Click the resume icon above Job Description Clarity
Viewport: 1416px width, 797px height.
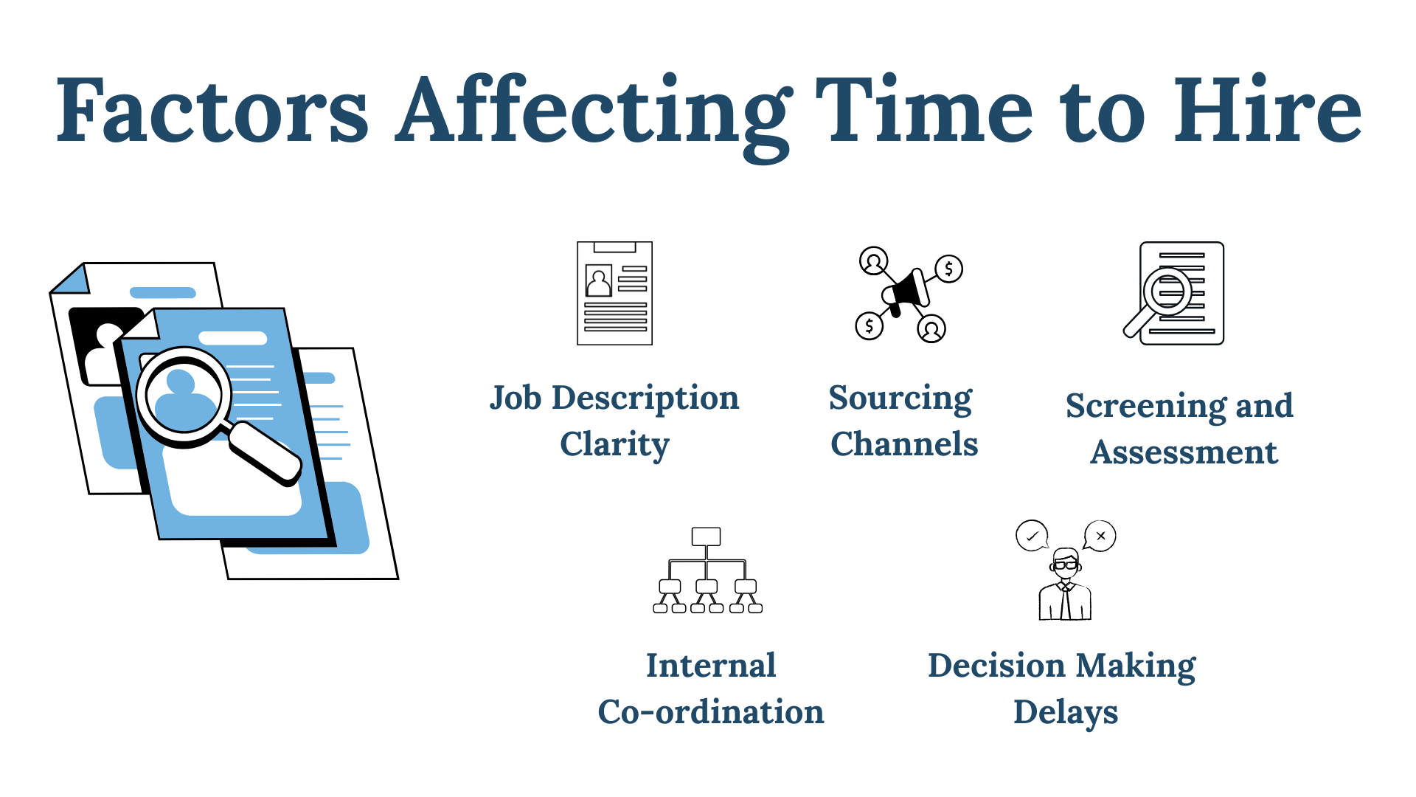pyautogui.click(x=614, y=293)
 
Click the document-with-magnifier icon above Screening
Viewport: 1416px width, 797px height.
pyautogui.click(x=1176, y=293)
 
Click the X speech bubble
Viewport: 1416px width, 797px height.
pyautogui.click(x=1100, y=536)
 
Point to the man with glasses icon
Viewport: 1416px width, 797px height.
pyautogui.click(x=1065, y=587)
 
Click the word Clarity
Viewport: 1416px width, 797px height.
pyautogui.click(x=614, y=444)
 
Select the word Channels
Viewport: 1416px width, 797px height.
pyautogui.click(x=904, y=444)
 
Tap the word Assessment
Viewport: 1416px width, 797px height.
pyautogui.click(x=1184, y=452)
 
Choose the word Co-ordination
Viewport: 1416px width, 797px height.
pyautogui.click(x=711, y=712)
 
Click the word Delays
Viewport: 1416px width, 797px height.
pyautogui.click(x=1066, y=713)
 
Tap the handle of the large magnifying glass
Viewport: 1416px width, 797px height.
pyautogui.click(x=265, y=454)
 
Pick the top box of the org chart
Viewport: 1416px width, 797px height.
pyautogui.click(x=706, y=536)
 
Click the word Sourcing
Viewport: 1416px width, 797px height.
pyautogui.click(x=900, y=398)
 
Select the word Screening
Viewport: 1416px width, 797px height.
pyautogui.click(x=1144, y=407)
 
